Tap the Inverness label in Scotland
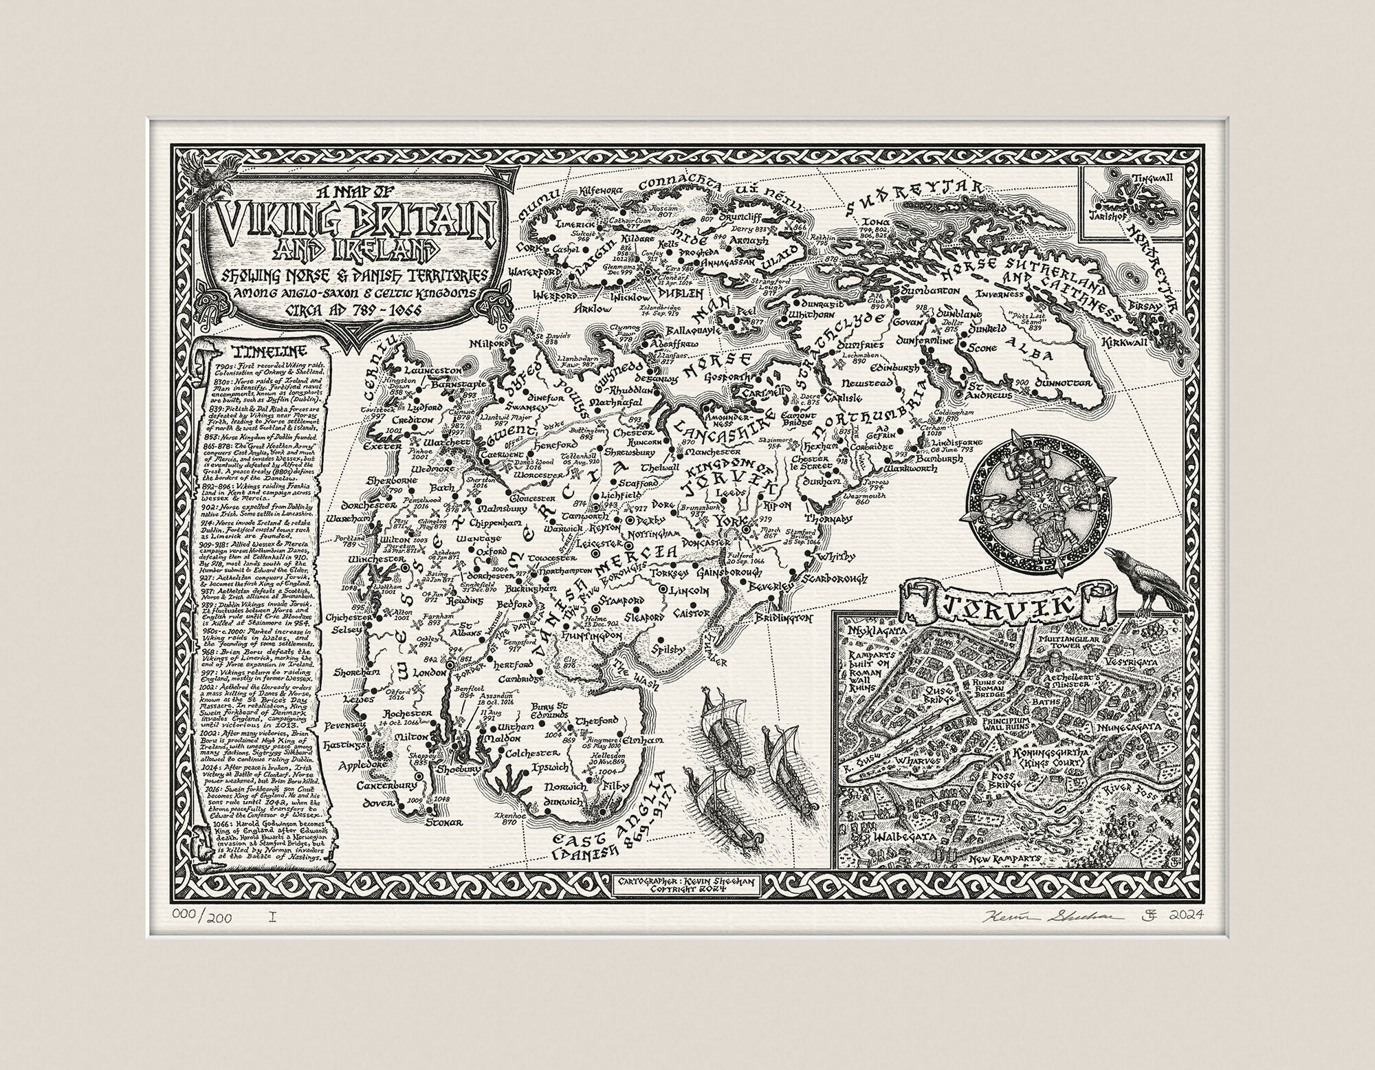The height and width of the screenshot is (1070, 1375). point(994,296)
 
